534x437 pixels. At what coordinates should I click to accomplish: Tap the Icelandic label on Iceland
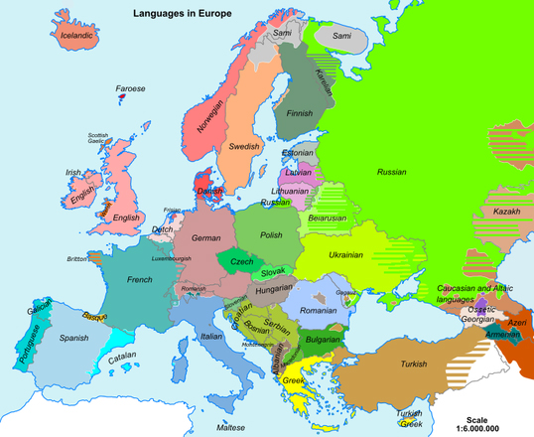(76, 36)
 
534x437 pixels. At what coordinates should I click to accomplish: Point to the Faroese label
(130, 88)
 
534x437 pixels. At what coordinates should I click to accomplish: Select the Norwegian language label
(210, 115)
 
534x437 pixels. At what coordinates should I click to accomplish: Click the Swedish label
(244, 146)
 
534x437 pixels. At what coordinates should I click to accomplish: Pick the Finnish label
(299, 113)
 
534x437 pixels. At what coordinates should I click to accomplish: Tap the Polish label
(270, 236)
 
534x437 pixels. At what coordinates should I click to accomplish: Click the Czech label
(241, 262)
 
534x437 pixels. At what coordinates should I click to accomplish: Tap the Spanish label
(74, 338)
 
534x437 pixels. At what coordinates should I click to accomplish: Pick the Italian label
(212, 337)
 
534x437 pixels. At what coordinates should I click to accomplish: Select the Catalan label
(121, 356)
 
